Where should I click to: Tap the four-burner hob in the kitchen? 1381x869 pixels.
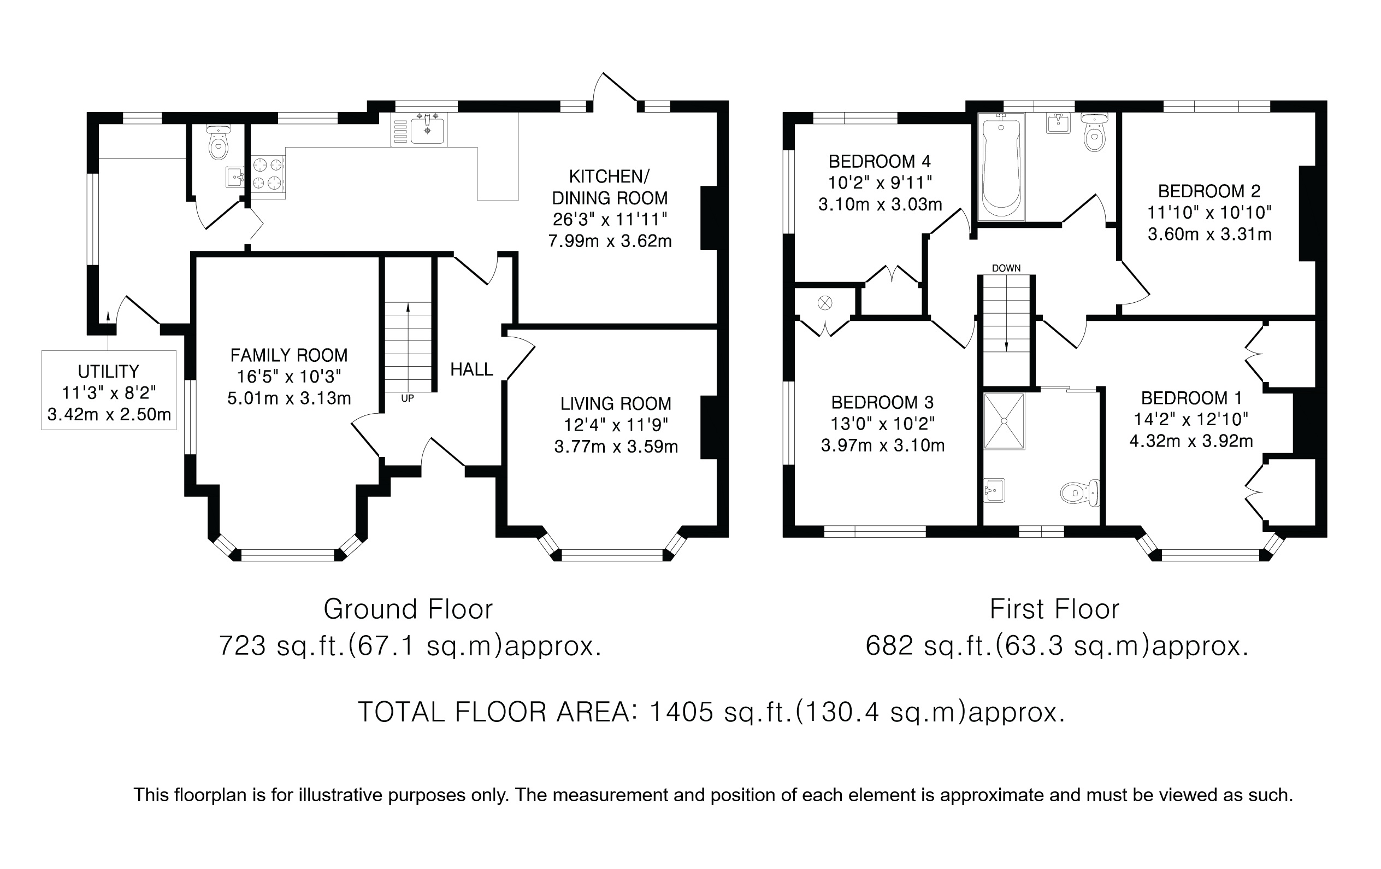tap(268, 174)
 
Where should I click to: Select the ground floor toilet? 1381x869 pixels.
tap(218, 141)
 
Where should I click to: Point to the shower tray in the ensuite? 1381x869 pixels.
tap(1004, 421)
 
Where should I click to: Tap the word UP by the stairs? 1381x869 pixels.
tap(407, 398)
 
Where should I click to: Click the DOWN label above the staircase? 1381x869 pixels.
tap(1006, 268)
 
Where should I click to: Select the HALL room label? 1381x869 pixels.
tap(471, 369)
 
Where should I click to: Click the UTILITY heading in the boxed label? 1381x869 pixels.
tap(108, 372)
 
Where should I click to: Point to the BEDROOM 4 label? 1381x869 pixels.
tap(880, 161)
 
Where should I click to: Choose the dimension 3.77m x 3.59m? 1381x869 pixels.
tap(616, 447)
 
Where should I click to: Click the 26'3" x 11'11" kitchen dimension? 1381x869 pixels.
tap(610, 219)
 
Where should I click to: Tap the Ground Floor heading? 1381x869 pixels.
tap(408, 609)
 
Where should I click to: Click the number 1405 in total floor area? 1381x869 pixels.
tap(681, 712)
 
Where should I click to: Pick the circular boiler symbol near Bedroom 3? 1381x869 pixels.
tap(825, 302)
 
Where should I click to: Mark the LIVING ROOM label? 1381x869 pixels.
tap(616, 404)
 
